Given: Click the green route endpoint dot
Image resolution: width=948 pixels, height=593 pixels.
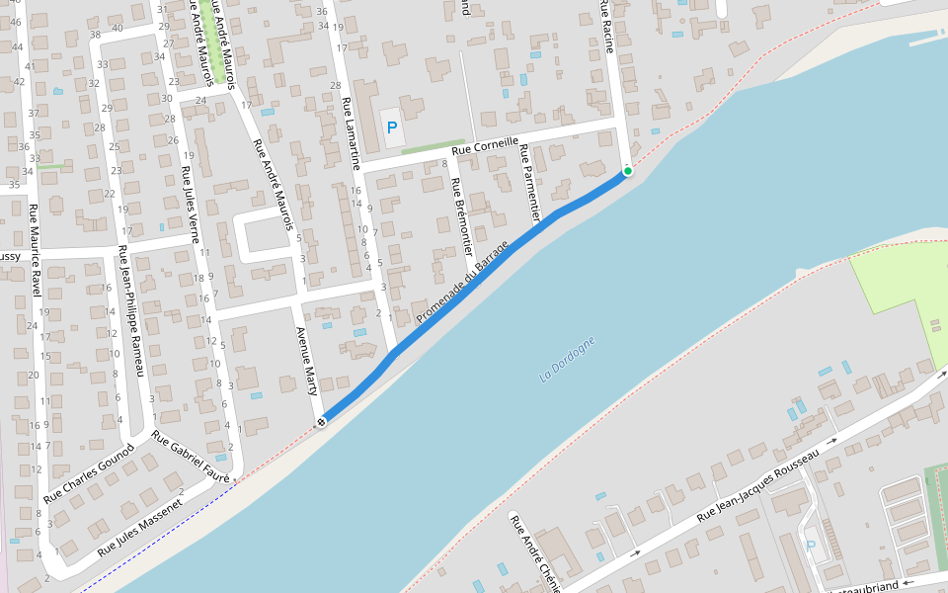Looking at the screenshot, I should (627, 171).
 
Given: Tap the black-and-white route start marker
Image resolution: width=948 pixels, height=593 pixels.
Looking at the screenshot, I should (321, 423).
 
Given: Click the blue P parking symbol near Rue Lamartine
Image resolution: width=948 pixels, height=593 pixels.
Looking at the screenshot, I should (392, 127).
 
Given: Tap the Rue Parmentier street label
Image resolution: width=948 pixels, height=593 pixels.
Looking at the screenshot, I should (529, 183).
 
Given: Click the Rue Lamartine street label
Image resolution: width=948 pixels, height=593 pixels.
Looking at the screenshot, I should (351, 134).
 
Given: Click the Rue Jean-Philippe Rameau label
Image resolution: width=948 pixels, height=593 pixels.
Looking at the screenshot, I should (131, 310).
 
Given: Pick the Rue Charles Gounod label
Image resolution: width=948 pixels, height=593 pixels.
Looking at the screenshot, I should (90, 471).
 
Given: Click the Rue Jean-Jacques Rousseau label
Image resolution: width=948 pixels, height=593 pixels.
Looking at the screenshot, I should (758, 484).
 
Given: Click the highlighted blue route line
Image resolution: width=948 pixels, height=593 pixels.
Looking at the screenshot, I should (464, 287).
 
